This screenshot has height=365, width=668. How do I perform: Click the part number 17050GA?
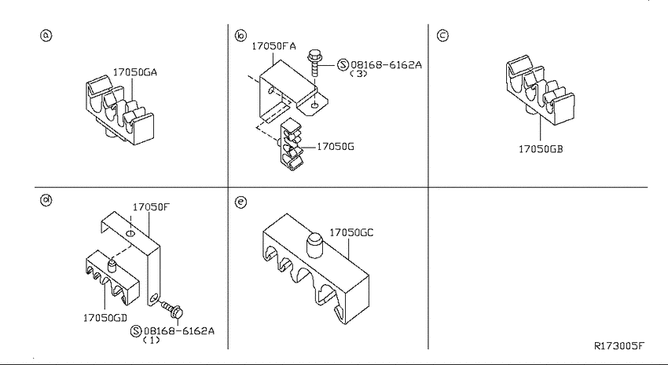134,72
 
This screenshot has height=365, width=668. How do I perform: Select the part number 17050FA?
273,46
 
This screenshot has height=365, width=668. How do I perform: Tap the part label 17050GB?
541,149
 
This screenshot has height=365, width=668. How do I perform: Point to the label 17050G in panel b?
336,147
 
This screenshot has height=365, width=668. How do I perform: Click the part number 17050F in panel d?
151,207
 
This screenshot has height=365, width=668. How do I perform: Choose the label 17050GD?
105,317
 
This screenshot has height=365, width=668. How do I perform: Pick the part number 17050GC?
351,232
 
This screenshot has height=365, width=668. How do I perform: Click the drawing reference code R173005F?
619,345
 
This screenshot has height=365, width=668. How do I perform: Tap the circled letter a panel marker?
46,35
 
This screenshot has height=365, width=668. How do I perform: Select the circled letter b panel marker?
240,35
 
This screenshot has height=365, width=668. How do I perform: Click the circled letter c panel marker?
442,35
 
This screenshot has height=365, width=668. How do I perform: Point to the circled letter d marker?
46,200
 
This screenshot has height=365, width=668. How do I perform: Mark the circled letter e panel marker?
240,202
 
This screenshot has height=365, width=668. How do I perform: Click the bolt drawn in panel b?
315,63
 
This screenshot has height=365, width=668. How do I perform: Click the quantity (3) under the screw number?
358,74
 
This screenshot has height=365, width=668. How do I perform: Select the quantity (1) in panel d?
151,340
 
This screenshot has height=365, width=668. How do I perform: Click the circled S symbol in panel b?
343,64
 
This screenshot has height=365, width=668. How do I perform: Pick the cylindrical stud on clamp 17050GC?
314,245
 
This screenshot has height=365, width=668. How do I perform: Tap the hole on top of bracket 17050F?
130,234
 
